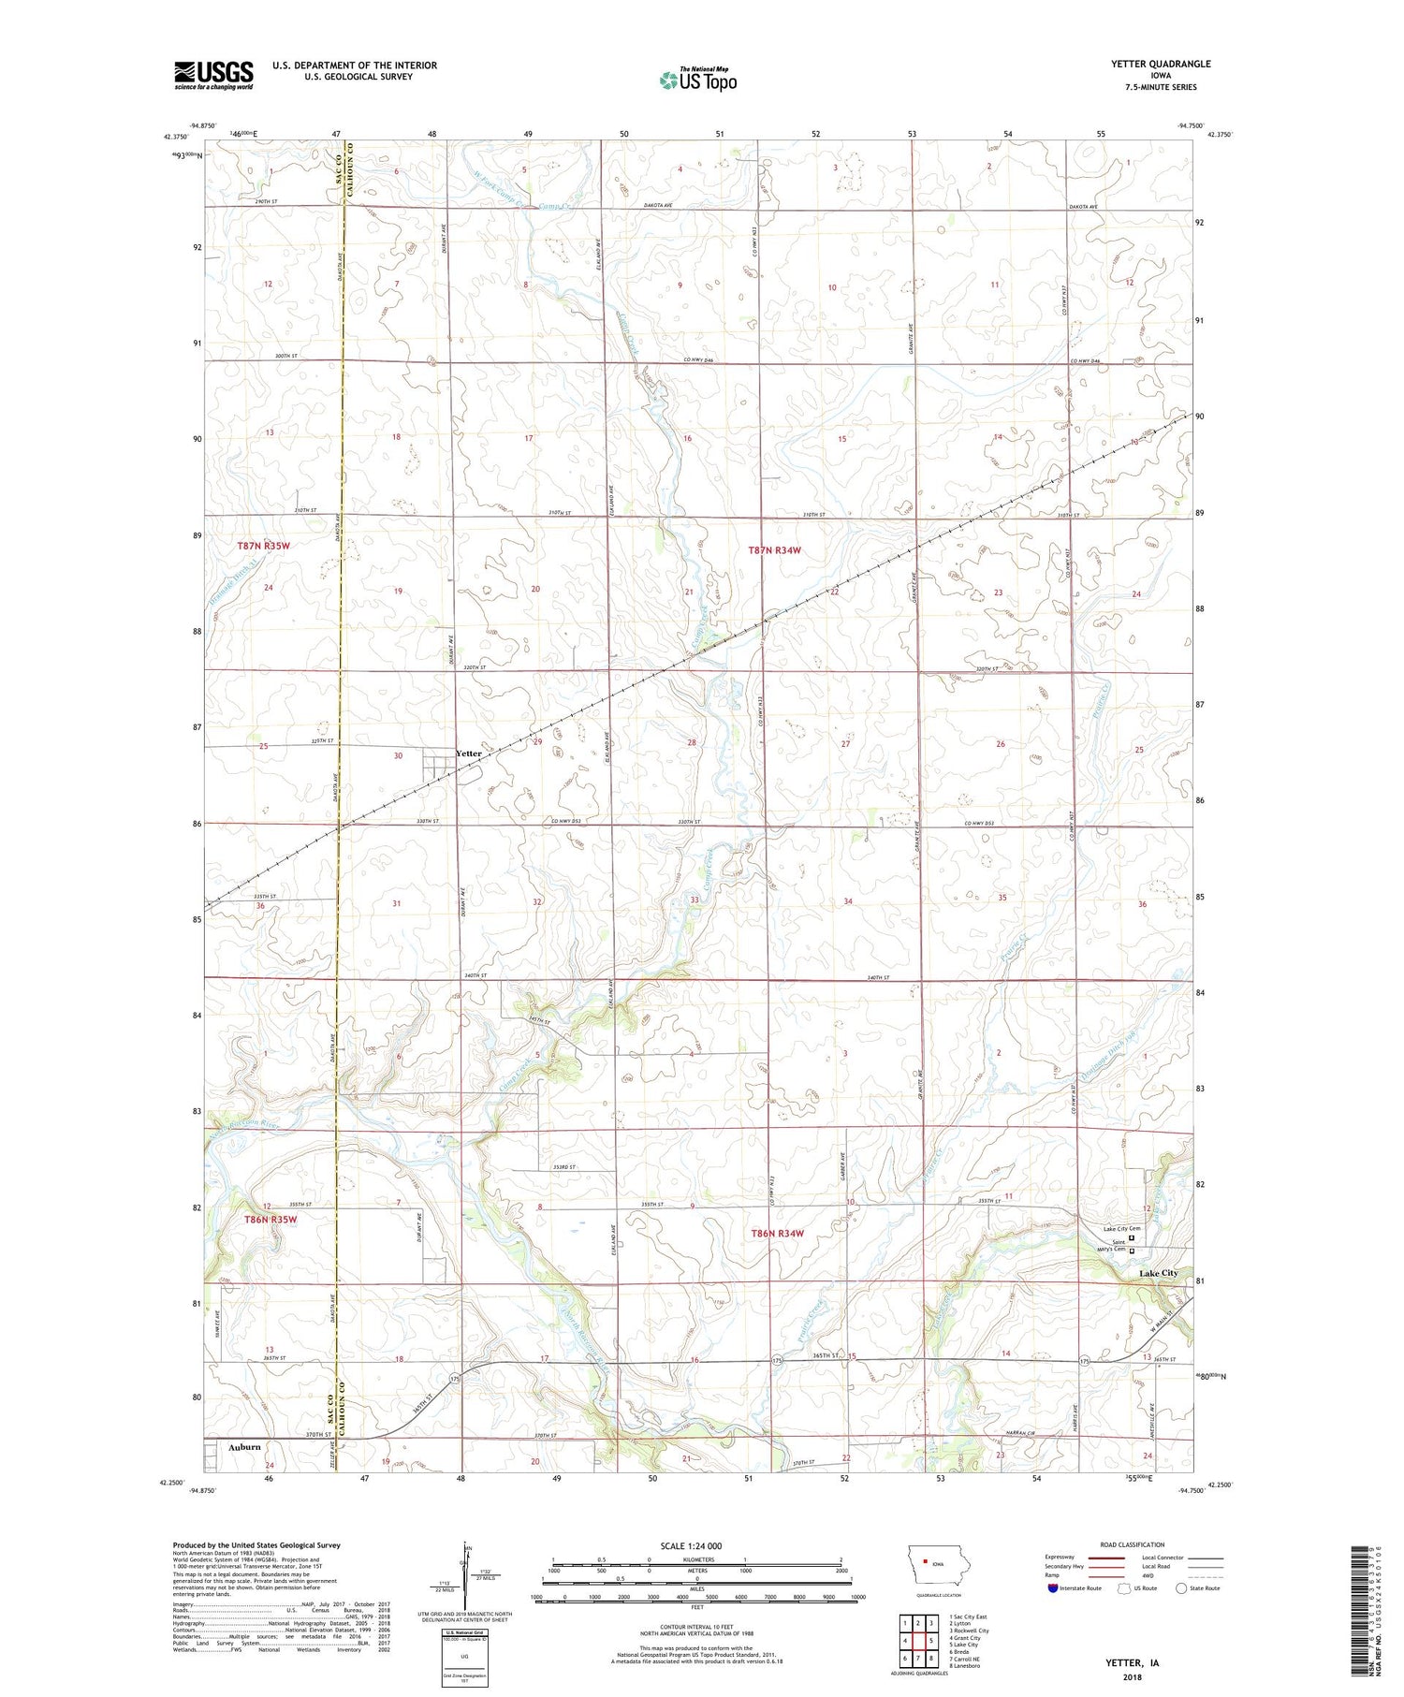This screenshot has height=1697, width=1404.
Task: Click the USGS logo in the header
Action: pos(213,75)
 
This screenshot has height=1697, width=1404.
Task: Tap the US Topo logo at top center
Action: pos(697,80)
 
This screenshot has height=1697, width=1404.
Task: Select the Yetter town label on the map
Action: pos(468,753)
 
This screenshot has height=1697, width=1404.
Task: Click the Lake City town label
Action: pos(1158,1273)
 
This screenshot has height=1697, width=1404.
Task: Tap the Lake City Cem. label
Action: pos(1121,1229)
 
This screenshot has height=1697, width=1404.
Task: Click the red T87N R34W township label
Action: pos(775,550)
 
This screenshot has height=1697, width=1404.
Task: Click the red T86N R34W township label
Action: pos(777,1234)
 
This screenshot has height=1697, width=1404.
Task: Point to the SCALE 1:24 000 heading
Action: pos(691,1545)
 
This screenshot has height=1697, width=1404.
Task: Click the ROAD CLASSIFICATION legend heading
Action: pos(1133,1544)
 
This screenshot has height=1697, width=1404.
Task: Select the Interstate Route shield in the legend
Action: pos(1053,1587)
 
